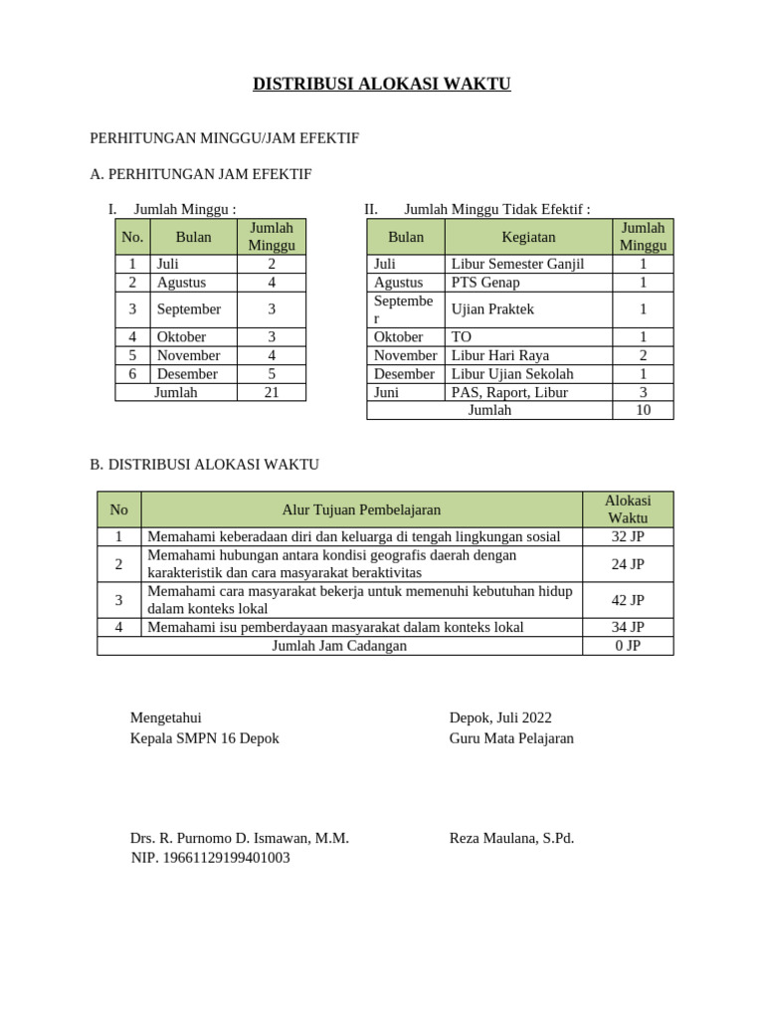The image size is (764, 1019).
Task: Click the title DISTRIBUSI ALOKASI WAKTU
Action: (x=382, y=85)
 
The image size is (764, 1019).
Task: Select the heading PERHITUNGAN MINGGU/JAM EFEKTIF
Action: (x=224, y=138)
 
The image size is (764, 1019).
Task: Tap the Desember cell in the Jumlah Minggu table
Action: (x=187, y=374)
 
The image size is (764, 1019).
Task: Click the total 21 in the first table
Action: (x=271, y=392)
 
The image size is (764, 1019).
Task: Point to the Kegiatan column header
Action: (x=528, y=237)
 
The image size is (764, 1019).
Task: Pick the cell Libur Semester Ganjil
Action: (x=517, y=264)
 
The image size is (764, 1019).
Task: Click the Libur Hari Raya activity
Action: (x=499, y=355)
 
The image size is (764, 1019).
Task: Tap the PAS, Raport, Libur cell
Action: (x=509, y=392)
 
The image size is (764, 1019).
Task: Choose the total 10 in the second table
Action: (x=643, y=410)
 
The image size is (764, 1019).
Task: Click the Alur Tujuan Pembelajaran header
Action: (x=361, y=509)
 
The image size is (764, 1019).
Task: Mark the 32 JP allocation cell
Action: (x=628, y=537)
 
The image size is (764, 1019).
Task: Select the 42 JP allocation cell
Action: (x=628, y=600)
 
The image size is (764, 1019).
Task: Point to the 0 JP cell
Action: (x=628, y=646)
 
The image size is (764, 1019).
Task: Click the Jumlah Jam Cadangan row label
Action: (x=339, y=646)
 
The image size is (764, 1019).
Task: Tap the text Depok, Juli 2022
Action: (x=500, y=717)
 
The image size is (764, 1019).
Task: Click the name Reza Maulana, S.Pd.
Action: (x=511, y=838)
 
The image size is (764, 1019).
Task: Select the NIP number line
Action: (x=211, y=858)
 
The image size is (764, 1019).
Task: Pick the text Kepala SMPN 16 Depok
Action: (x=205, y=738)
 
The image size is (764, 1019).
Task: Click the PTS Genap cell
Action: (x=485, y=283)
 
